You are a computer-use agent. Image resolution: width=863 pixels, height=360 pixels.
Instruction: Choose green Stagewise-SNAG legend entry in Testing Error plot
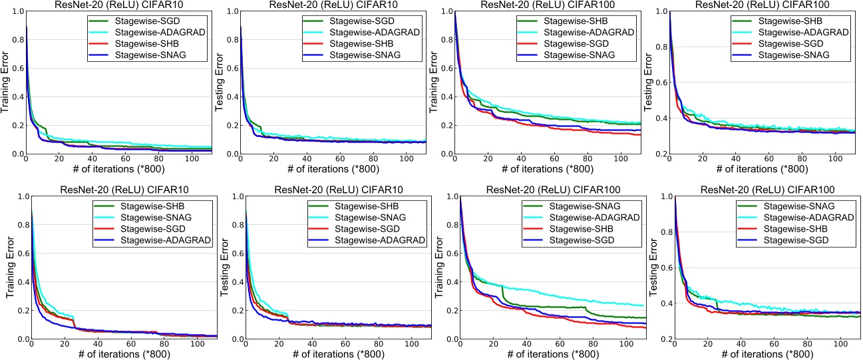pyautogui.click(x=798, y=206)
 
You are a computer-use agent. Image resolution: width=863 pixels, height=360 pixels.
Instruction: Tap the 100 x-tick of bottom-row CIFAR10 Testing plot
pyautogui.click(x=411, y=347)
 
